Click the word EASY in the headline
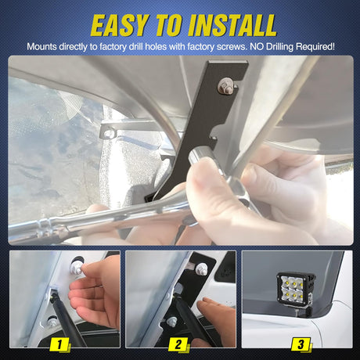coord(120,25)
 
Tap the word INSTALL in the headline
coord(232,25)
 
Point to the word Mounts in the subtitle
coord(41,47)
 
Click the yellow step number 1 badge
coord(59,344)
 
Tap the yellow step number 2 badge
coord(178,344)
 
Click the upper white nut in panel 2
coord(202,269)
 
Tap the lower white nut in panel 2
coord(173,322)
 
